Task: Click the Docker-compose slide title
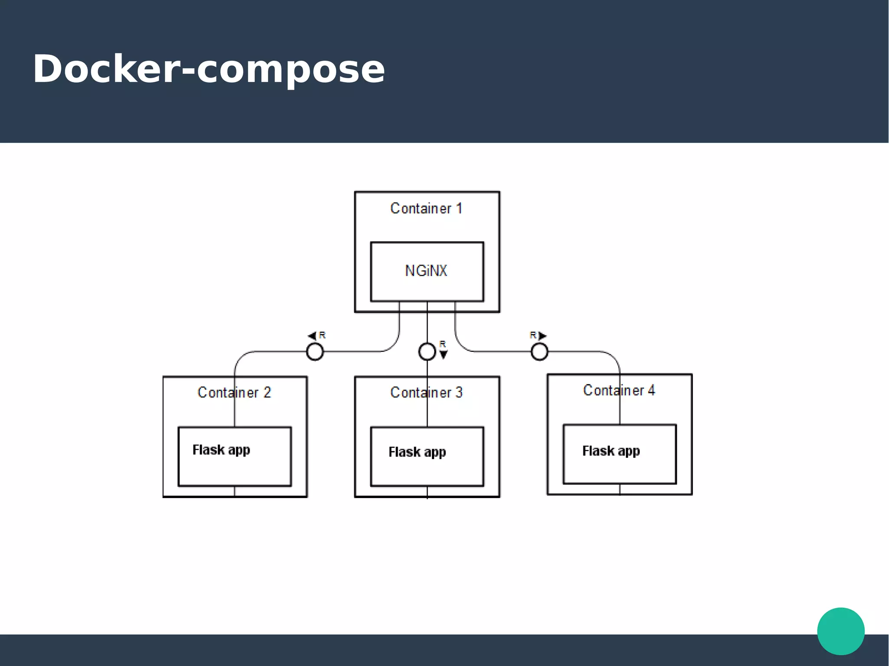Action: pos(209,69)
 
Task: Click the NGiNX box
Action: pos(427,272)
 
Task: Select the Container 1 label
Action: pos(426,209)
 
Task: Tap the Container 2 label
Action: pos(234,393)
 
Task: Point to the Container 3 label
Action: pos(426,393)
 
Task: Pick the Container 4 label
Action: pos(619,390)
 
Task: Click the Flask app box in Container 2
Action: pos(235,456)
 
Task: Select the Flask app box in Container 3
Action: pos(427,456)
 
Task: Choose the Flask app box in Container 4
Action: pos(619,454)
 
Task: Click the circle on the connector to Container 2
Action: pos(315,351)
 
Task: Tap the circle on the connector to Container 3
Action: pos(427,351)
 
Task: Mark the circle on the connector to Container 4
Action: pos(539,351)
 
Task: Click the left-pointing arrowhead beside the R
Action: pos(312,336)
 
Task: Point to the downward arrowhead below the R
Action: pos(443,355)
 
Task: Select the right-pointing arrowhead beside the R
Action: pos(542,336)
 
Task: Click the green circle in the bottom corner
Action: pos(841,631)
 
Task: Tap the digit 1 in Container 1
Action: pos(459,209)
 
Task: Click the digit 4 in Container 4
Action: pos(651,390)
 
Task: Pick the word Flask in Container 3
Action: pos(404,452)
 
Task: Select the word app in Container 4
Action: pos(629,452)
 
